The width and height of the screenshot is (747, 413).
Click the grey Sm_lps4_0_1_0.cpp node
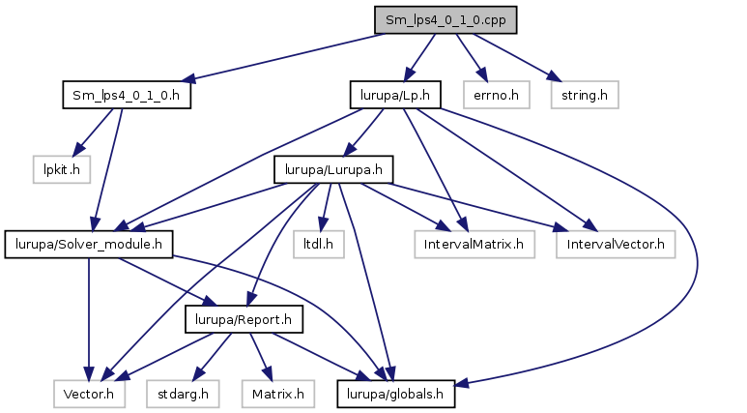point(445,20)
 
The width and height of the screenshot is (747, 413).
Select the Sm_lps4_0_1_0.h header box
point(127,95)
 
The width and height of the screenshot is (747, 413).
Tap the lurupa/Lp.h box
point(395,95)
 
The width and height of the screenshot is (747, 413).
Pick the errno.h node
point(496,95)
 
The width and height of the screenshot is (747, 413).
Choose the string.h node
point(585,95)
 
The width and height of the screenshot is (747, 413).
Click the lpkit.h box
point(62,169)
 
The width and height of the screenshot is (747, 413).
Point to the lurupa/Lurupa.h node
point(333,169)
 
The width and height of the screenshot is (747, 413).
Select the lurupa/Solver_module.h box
point(89,244)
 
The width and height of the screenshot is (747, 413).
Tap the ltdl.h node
point(318,244)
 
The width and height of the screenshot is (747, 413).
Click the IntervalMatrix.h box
point(474,244)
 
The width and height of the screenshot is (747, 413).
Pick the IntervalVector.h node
point(616,244)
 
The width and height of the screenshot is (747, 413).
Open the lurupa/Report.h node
point(244,319)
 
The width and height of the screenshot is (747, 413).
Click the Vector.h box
point(89,394)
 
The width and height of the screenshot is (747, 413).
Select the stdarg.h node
point(183,394)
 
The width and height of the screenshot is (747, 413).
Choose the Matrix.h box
point(277,394)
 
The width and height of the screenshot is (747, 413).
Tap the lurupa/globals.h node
point(395,394)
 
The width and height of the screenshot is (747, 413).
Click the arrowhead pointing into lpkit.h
point(77,150)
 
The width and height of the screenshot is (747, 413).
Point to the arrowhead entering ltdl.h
point(323,224)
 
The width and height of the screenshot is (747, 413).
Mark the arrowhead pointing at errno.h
point(482,74)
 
